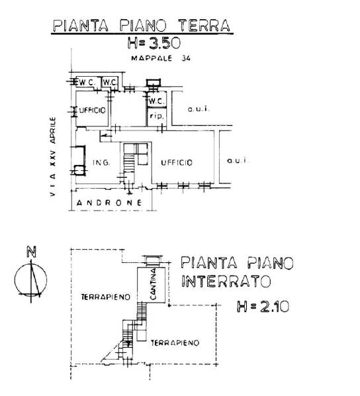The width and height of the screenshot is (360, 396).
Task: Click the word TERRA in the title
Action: (x=204, y=25)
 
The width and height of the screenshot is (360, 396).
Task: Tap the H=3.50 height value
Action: (x=154, y=43)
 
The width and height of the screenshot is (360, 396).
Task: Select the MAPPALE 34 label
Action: (x=161, y=58)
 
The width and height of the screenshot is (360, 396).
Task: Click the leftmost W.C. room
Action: (x=87, y=82)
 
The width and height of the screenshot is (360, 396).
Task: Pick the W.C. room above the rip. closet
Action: (x=157, y=101)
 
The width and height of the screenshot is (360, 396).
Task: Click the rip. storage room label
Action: (x=157, y=117)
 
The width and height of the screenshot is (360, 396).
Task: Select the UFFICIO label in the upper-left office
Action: (x=93, y=110)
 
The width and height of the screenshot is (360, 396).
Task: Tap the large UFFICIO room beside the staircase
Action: (x=177, y=162)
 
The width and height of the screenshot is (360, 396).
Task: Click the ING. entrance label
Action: (x=101, y=162)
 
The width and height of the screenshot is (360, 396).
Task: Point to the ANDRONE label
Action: (x=109, y=203)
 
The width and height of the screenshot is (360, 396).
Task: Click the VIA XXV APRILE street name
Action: (x=53, y=156)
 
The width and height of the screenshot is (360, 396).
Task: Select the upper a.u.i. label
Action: (x=199, y=109)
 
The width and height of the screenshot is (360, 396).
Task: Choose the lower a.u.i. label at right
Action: (x=238, y=160)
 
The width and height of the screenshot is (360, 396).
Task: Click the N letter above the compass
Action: (x=31, y=252)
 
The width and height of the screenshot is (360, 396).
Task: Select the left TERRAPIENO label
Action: (x=105, y=297)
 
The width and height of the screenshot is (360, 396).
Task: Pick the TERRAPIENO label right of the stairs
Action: (x=175, y=343)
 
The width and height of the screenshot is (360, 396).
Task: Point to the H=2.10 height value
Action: (x=263, y=307)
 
